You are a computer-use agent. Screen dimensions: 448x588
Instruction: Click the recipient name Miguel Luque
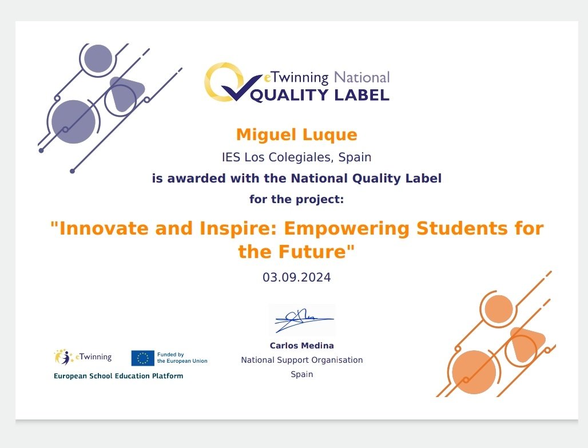296,135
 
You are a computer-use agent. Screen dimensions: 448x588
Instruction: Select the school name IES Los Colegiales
277,157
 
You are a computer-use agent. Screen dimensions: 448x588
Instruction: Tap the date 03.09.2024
296,277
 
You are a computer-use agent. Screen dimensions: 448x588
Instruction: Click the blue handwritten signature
302,320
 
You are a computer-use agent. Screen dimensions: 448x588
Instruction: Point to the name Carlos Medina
301,346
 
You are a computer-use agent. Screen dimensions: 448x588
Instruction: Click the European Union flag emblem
142,358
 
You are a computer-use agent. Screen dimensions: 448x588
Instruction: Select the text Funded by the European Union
182,358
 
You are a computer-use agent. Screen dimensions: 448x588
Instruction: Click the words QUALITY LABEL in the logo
320,95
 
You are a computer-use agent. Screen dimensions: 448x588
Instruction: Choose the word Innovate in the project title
100,229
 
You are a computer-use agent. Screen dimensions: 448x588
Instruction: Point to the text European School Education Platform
118,376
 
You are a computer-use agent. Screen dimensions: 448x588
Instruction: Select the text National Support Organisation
301,360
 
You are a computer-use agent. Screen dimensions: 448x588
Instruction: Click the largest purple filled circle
73,121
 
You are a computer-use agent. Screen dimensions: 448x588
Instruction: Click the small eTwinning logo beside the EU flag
83,358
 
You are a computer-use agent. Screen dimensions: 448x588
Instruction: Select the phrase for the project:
296,200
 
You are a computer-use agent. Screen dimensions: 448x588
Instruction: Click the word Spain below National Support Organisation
301,374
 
